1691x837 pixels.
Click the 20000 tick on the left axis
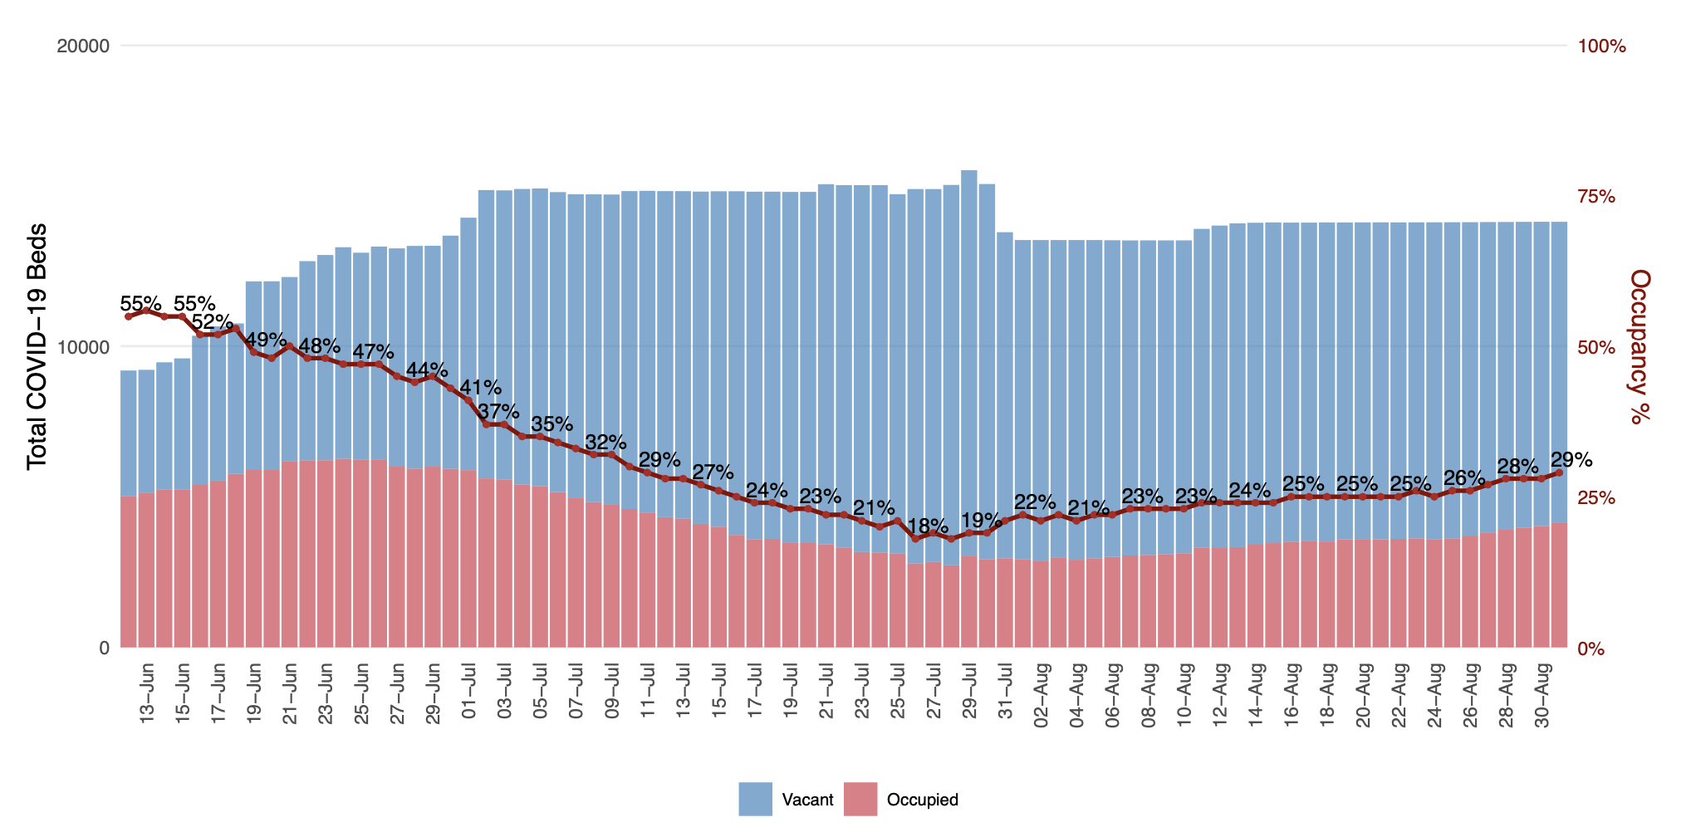click(83, 46)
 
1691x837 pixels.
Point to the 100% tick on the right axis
click(1601, 46)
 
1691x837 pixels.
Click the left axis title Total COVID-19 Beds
click(37, 347)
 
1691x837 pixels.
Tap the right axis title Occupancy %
click(1638, 347)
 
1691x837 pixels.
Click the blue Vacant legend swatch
click(755, 799)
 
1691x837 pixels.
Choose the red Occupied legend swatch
click(860, 799)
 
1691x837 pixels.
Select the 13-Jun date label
click(147, 693)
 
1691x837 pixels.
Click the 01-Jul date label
click(469, 693)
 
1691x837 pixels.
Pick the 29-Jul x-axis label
click(969, 693)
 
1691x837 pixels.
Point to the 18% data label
click(927, 526)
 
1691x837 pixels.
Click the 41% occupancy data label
click(480, 387)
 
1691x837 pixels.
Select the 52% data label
click(212, 322)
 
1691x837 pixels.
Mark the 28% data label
click(1517, 465)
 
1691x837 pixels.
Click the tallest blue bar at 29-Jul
click(969, 332)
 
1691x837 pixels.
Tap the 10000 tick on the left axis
click(83, 347)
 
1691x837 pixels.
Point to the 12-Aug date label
click(1220, 694)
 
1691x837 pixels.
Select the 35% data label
click(551, 424)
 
